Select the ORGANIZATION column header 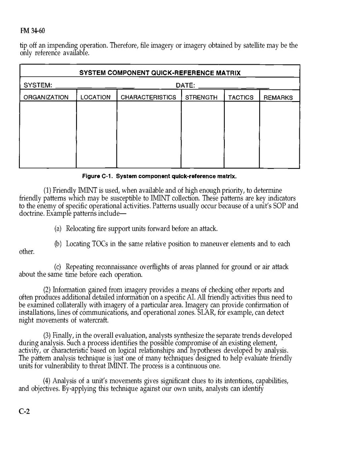(46, 98)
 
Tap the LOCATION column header (96, 98)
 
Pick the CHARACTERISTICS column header (148, 98)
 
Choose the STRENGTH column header (201, 98)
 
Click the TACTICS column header (241, 98)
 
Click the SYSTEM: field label (38, 85)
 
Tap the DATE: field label (185, 85)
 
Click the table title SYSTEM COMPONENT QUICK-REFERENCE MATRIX (160, 73)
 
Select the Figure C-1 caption (159, 175)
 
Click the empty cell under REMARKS (279, 134)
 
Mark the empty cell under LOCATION (96, 134)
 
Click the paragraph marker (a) (58, 229)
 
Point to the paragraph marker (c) (58, 267)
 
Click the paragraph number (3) (47, 335)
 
